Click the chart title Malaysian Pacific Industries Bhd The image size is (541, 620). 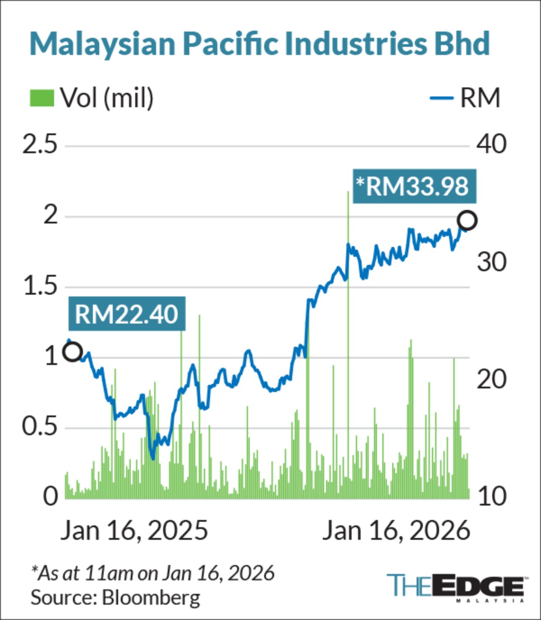[259, 44]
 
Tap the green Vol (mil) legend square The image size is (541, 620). [42, 98]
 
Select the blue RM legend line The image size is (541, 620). [441, 98]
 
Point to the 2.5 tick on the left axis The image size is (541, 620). [40, 146]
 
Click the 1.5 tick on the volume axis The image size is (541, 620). [40, 287]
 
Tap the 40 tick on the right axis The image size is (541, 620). [491, 145]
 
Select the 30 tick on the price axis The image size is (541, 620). [491, 262]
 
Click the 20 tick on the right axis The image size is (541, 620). [491, 379]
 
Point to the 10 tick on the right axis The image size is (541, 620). [491, 496]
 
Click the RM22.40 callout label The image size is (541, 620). [127, 314]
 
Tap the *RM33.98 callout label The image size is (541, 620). [414, 186]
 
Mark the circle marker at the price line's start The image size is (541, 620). [73, 351]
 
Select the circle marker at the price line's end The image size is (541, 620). [467, 220]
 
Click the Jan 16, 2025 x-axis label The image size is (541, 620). [134, 530]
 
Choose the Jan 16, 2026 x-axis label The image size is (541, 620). [396, 530]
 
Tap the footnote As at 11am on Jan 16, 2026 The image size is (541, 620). [153, 573]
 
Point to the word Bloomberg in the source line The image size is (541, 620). [151, 597]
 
